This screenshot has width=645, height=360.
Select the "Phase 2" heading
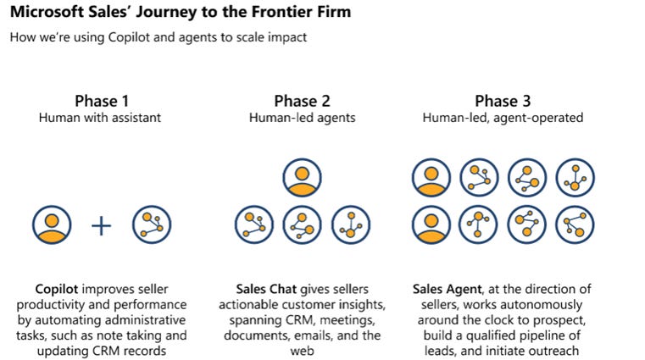[301, 101]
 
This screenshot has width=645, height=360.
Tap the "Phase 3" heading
[502, 101]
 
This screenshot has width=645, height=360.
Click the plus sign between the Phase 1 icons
[101, 225]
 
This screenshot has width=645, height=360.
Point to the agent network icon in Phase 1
[152, 225]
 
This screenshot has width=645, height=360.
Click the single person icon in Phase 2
[301, 178]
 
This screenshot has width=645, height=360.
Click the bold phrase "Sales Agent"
[450, 288]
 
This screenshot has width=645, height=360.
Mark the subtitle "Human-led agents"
[301, 118]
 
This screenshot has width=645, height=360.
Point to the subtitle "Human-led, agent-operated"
[502, 118]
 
